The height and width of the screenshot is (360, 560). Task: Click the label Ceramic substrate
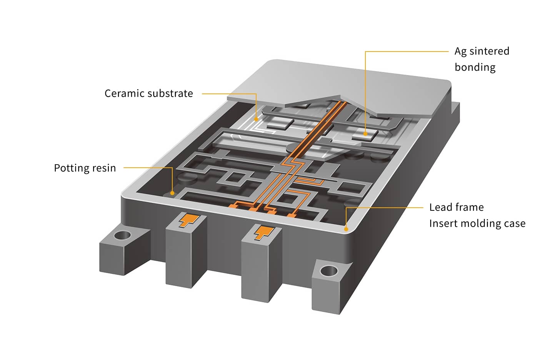(x=148, y=93)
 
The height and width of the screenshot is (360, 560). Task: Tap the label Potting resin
(x=85, y=168)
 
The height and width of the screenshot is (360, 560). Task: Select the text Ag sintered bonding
(x=482, y=59)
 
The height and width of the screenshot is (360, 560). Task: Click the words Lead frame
(x=456, y=207)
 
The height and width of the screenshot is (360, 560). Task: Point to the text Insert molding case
(x=477, y=223)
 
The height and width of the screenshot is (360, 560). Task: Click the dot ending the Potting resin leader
(x=173, y=193)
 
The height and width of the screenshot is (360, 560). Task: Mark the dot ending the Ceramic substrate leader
(x=256, y=119)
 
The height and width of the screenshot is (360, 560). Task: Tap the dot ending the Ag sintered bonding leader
(x=365, y=134)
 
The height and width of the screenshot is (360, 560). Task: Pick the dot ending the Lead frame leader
(x=346, y=229)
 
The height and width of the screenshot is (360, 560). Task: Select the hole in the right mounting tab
(x=328, y=271)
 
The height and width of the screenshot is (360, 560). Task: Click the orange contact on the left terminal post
(x=189, y=220)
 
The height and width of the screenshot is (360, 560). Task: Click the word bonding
(x=475, y=67)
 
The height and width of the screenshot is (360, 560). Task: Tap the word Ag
(x=460, y=52)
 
